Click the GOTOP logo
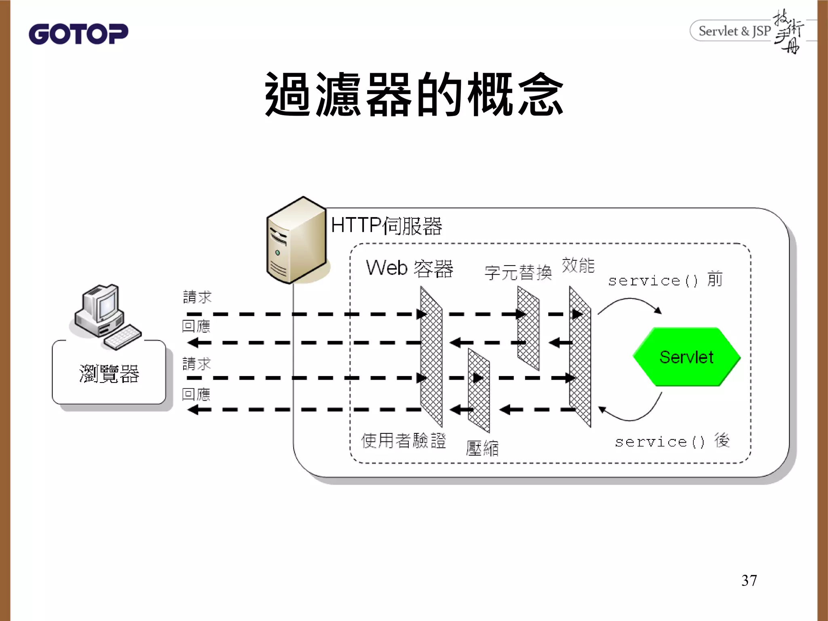[78, 34]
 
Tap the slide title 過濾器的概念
[414, 94]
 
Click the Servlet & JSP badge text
[734, 31]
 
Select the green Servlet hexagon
[686, 357]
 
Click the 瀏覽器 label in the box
[109, 373]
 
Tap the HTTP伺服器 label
[386, 225]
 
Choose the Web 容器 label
[409, 268]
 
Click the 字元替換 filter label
[518, 272]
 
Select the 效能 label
[578, 265]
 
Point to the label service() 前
[665, 280]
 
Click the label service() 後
[672, 441]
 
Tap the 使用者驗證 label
[403, 440]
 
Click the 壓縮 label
[482, 448]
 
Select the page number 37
[749, 580]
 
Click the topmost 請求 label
[197, 297]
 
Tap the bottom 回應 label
[196, 394]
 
